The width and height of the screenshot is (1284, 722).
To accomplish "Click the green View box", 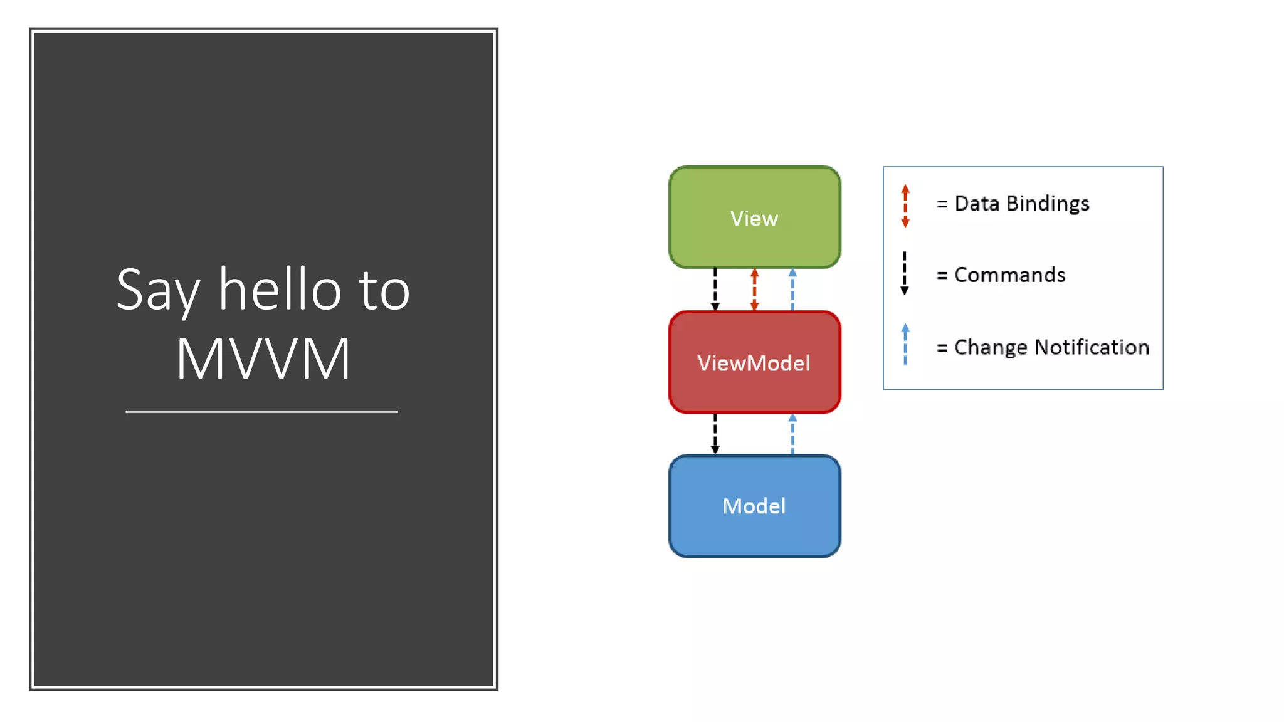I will pos(754,217).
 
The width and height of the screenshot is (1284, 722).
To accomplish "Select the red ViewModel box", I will pos(754,362).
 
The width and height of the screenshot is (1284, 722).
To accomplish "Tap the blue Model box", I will pos(754,506).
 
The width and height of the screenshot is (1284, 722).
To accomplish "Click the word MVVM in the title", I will pos(263,358).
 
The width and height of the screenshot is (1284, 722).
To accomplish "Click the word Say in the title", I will pos(158,291).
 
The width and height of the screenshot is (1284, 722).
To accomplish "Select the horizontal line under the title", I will pos(261,412).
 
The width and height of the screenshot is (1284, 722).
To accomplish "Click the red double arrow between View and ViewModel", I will pos(754,290).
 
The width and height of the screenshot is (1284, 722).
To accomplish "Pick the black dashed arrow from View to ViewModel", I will pos(715,290).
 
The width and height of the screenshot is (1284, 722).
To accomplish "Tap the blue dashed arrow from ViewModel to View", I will pos(792,290).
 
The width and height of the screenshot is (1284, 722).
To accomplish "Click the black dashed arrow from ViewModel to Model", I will pos(715,434).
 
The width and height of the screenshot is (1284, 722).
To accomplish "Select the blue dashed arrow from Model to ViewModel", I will pos(792,434).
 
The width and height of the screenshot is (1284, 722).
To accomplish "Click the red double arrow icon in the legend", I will pos(905,206).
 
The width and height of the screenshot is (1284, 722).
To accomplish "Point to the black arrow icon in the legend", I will pos(904,273).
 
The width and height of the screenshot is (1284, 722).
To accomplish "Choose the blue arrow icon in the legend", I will pos(905,344).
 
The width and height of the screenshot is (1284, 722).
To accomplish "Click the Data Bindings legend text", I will pos(1021,204).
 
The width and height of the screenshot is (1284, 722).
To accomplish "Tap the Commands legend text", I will pos(1009,275).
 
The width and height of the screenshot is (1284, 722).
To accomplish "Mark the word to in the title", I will pos(384,291).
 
